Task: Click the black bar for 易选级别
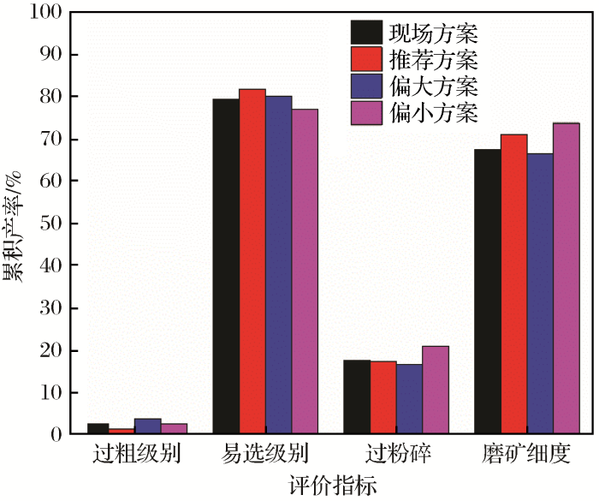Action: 226,266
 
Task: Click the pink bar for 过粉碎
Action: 436,391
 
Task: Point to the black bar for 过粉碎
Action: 357,397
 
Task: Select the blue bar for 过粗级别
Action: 148,426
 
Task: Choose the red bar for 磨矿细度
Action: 514,284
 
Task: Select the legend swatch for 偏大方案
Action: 365,86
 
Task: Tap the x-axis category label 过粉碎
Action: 396,454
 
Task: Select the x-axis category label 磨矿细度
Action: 527,454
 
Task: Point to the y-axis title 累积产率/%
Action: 15,224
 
